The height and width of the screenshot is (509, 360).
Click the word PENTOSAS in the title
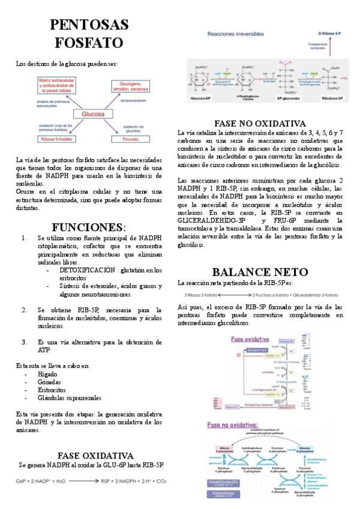89,25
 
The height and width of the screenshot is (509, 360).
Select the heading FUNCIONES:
89,227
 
